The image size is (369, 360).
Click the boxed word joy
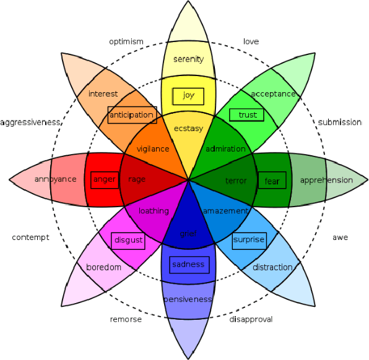pyautogui.click(x=188, y=95)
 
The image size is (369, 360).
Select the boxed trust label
pyautogui.click(x=247, y=114)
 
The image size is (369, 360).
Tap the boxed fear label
pyautogui.click(x=272, y=181)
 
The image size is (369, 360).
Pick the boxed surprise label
pyautogui.click(x=249, y=239)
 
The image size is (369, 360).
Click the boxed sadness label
pyautogui.click(x=189, y=264)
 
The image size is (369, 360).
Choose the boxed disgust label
pyautogui.click(x=129, y=240)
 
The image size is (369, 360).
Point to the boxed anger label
pyautogui.click(x=103, y=180)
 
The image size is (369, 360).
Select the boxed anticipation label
pyautogui.click(x=131, y=114)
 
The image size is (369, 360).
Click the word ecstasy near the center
pyautogui.click(x=188, y=129)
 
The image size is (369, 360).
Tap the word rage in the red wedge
pyautogui.click(x=136, y=179)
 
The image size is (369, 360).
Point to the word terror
pyautogui.click(x=236, y=181)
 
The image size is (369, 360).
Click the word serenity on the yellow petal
pyautogui.click(x=188, y=59)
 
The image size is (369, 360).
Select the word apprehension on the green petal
pyautogui.click(x=326, y=180)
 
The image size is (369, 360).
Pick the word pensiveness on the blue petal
pyautogui.click(x=188, y=299)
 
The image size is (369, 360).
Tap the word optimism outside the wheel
pyautogui.click(x=126, y=41)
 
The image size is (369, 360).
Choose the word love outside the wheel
pyautogui.click(x=251, y=41)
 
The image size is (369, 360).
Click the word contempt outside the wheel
pyautogui.click(x=30, y=237)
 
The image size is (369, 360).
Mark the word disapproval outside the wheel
pyautogui.click(x=251, y=319)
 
